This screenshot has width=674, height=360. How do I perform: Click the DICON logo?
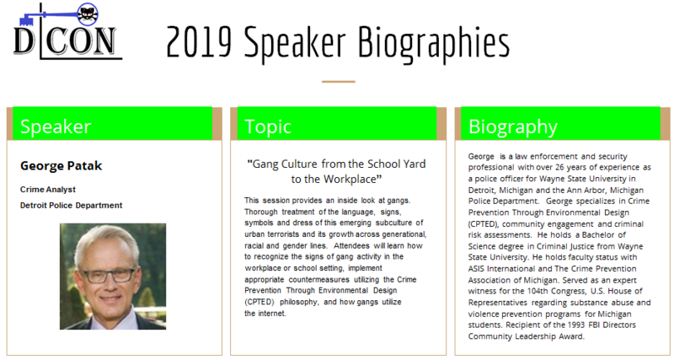(x=67, y=32)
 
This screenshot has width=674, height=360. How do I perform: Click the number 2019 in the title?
(x=199, y=42)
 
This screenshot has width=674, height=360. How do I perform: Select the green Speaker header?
(x=113, y=124)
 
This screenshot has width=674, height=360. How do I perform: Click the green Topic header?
(x=337, y=124)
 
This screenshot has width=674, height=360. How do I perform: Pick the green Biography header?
(x=560, y=124)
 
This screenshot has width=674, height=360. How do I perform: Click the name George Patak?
(x=61, y=166)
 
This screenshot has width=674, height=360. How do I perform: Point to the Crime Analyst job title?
(x=47, y=190)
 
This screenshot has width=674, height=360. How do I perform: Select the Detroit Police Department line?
(x=71, y=205)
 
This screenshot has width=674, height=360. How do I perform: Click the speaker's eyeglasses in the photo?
(x=108, y=274)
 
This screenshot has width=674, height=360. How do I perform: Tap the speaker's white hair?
(x=106, y=242)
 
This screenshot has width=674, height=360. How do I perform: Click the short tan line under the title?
(x=338, y=81)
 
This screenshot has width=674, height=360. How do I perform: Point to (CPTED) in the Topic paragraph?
(x=259, y=302)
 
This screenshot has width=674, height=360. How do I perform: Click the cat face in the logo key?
(x=88, y=15)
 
